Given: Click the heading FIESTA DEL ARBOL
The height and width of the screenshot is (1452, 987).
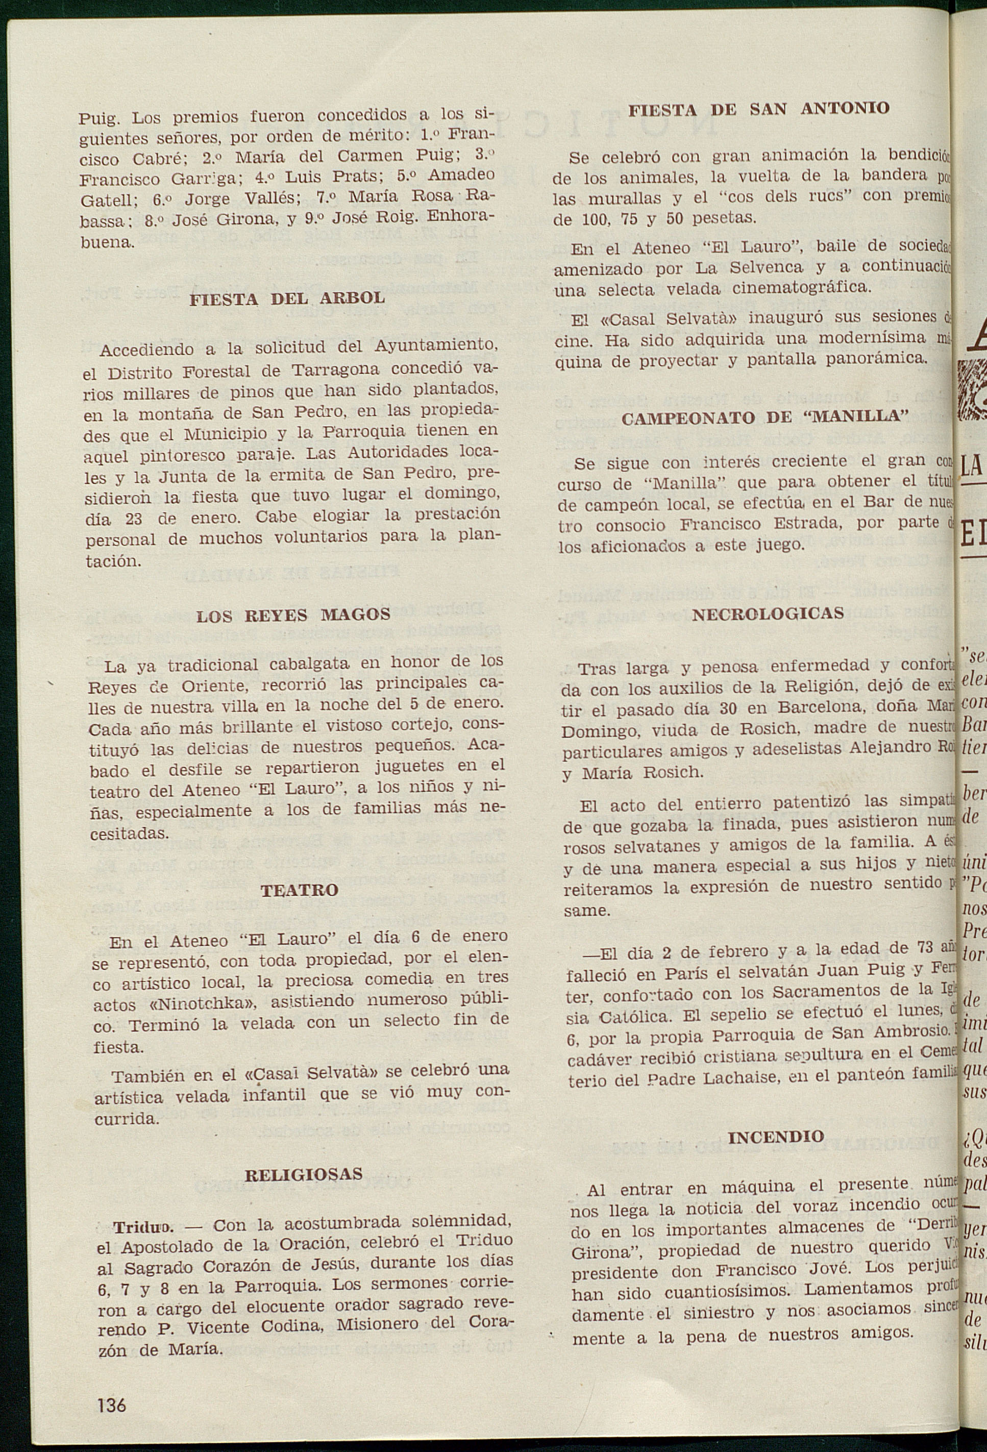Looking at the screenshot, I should pyautogui.click(x=287, y=299).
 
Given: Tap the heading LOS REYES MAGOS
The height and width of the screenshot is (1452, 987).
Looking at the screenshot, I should pyautogui.click(x=293, y=616).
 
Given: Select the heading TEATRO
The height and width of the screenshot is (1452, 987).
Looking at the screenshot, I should pyautogui.click(x=299, y=890).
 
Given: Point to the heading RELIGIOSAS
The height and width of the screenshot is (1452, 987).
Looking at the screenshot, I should pyautogui.click(x=303, y=1174).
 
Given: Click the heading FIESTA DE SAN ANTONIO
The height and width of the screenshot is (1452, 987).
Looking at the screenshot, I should pyautogui.click(x=758, y=109).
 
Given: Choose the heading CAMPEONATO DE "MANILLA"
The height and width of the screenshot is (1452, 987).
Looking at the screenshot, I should pyautogui.click(x=765, y=418).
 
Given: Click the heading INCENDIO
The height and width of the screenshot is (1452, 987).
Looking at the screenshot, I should pyautogui.click(x=775, y=1137).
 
